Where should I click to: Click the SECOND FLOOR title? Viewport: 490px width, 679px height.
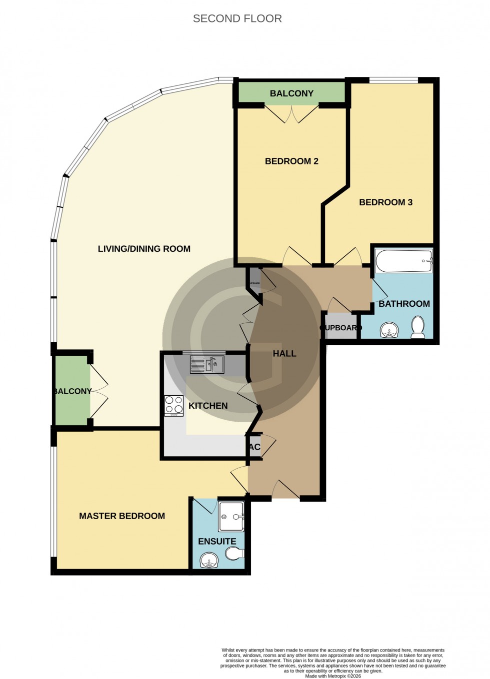(x=237, y=18)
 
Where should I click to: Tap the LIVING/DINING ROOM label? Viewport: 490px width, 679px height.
(x=144, y=249)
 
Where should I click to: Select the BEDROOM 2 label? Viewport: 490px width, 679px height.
(x=291, y=161)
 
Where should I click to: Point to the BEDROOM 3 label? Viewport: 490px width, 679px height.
(x=385, y=202)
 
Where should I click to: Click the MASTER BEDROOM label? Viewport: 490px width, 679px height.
(x=122, y=516)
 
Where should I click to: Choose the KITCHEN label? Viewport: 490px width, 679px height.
(x=208, y=406)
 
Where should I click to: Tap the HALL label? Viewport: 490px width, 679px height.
(x=284, y=354)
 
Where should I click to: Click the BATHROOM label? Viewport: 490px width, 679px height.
(x=404, y=304)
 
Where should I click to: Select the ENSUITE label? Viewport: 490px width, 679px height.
(x=217, y=542)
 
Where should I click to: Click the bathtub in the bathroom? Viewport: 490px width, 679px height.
(x=404, y=261)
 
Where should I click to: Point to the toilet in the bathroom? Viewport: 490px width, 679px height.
(x=417, y=327)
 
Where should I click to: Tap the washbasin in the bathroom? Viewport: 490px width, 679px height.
(x=389, y=330)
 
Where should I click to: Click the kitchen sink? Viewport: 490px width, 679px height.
(x=207, y=364)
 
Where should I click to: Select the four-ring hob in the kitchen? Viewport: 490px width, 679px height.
(x=174, y=405)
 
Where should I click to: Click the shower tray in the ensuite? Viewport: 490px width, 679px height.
(x=231, y=517)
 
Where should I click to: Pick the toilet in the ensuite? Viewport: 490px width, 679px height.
(x=234, y=553)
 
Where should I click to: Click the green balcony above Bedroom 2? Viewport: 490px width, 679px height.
(x=291, y=93)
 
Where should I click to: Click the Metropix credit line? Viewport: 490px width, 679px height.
(x=332, y=676)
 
